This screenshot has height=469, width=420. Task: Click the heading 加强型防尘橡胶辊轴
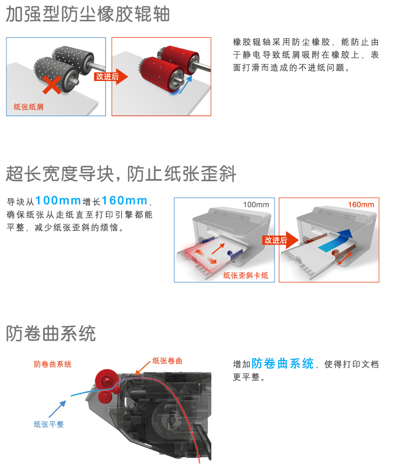[x=88, y=14]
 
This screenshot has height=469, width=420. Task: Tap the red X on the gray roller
[x=52, y=85]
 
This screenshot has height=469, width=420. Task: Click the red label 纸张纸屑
[x=29, y=107]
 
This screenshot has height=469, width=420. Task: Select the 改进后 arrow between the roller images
[x=111, y=77]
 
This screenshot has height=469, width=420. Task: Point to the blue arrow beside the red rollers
[x=185, y=84]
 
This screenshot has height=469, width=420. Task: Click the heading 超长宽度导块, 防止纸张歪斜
[x=121, y=174]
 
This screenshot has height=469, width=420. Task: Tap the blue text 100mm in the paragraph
[x=58, y=200]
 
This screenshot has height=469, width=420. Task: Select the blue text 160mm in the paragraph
[x=125, y=200]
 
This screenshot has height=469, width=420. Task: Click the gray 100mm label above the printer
[x=256, y=205]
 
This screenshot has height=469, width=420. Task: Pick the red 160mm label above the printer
[x=361, y=205]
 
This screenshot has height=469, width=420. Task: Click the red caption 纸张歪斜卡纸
[x=245, y=275]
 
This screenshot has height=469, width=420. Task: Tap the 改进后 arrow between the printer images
[x=281, y=240]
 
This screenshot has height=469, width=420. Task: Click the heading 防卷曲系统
[x=51, y=334]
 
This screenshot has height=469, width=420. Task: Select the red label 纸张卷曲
[x=167, y=361]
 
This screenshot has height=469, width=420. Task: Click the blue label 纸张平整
[x=48, y=424]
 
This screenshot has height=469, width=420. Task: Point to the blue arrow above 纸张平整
[x=57, y=409]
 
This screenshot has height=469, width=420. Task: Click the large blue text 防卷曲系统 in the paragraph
[x=283, y=363]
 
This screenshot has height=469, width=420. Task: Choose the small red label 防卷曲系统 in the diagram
[x=53, y=364]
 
